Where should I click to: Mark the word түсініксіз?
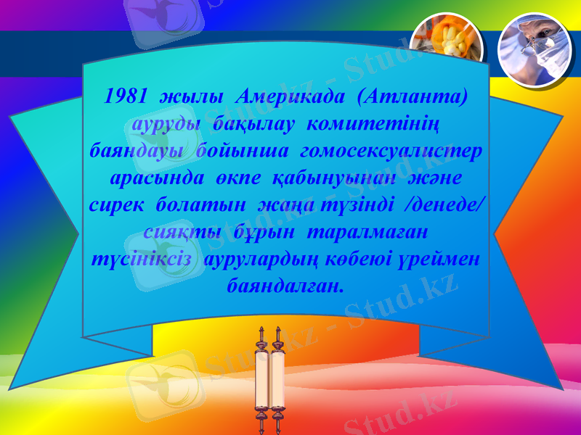pyautogui.click(x=143, y=260)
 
